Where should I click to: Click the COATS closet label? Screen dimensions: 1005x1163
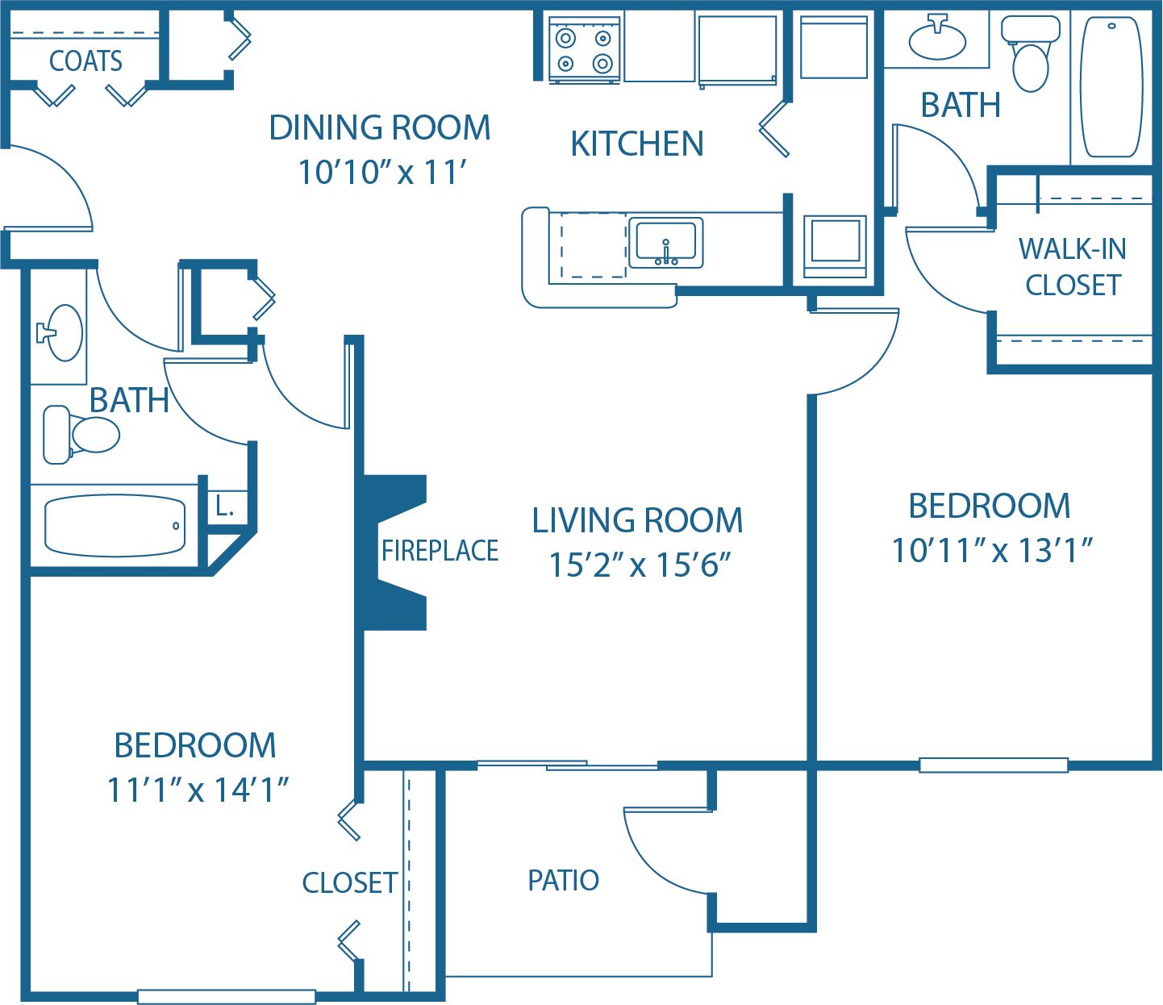coord(85,61)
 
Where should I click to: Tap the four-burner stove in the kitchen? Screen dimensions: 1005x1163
coord(584,50)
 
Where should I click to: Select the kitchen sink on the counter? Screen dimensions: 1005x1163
coord(665,241)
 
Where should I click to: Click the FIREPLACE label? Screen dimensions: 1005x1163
coord(440,551)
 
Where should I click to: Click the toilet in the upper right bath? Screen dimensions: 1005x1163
coord(1030,57)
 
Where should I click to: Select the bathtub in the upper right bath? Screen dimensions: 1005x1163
coord(1111,87)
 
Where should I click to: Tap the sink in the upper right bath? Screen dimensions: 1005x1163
coord(936,40)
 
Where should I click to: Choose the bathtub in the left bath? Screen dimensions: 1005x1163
coord(115,526)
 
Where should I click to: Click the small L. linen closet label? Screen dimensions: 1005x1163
coord(225,507)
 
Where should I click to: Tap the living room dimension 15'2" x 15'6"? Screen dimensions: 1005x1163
coord(639,565)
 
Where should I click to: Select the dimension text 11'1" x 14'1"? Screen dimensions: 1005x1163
coord(198,790)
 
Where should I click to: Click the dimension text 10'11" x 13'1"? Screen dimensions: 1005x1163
coord(991,551)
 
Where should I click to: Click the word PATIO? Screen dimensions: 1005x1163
coord(563,880)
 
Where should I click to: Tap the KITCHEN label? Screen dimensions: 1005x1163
coord(637,144)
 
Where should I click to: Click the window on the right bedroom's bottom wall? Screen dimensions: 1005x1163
coord(994,765)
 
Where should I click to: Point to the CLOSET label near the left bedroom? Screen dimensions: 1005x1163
coord(350,883)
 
